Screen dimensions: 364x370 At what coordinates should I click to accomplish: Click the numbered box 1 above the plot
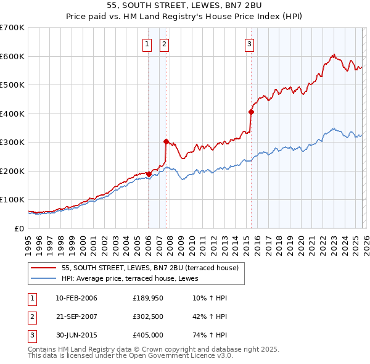[148, 44]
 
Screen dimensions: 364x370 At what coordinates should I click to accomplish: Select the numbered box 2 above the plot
[165, 44]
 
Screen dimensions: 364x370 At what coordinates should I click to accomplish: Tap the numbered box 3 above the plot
[249, 44]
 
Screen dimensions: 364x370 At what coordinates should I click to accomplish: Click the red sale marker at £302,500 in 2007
[166, 141]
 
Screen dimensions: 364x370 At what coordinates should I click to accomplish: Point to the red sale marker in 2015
[251, 112]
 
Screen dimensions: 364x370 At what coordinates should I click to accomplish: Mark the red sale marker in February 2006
[149, 174]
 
